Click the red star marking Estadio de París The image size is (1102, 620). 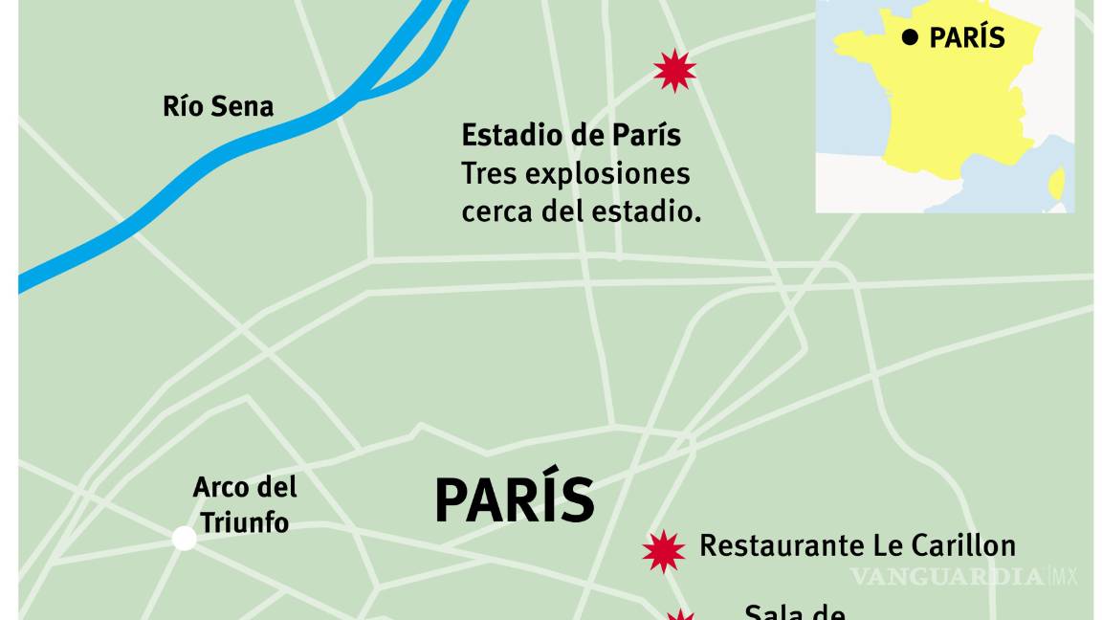[674, 70]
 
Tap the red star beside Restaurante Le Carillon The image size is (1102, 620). [664, 550]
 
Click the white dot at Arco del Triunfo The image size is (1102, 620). [185, 538]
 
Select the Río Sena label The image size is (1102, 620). [218, 105]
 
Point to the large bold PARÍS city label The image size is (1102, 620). [515, 499]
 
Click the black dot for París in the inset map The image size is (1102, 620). [910, 37]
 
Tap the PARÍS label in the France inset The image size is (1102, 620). [967, 37]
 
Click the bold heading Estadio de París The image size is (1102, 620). [571, 135]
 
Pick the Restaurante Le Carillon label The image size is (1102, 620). [857, 545]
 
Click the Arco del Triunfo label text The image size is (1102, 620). [245, 504]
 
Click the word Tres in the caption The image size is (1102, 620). [488, 173]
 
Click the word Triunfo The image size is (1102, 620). [245, 522]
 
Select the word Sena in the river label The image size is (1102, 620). [244, 105]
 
